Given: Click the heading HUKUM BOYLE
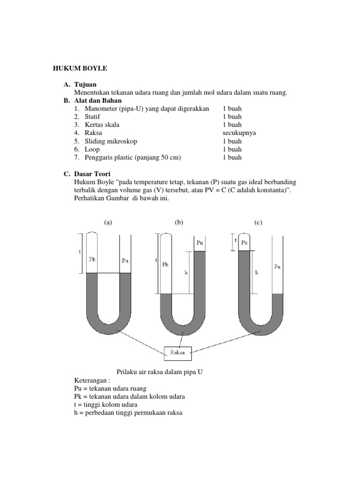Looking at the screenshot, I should [x=80, y=68].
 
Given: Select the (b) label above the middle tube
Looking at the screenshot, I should [x=179, y=222].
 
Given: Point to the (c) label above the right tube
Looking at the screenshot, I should [x=258, y=222].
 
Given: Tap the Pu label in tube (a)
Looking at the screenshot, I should [x=125, y=261].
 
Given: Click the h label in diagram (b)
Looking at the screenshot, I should [x=186, y=272].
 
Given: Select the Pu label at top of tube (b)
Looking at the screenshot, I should [x=200, y=242].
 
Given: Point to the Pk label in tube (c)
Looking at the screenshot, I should [x=245, y=242].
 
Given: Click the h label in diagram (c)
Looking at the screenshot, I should [x=256, y=272].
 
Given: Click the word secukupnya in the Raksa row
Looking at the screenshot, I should [x=239, y=133].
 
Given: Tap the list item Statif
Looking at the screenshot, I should [x=93, y=117].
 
